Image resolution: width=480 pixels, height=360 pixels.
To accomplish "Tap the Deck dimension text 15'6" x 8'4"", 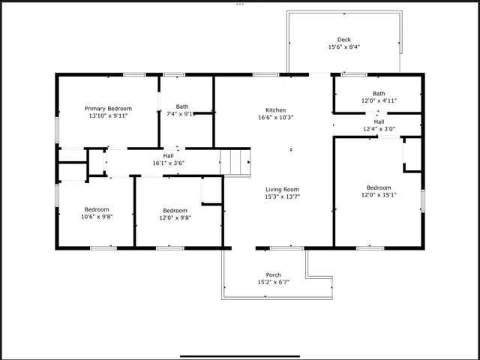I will (x=343, y=47).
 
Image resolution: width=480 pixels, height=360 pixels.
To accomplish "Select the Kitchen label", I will (x=275, y=109).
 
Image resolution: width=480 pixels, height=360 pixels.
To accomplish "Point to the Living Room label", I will (x=282, y=190).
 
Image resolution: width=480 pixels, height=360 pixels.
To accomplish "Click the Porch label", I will (x=274, y=274).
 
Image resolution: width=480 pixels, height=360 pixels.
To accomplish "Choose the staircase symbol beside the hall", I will (x=235, y=161).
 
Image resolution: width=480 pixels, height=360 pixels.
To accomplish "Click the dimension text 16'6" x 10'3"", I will (x=275, y=117).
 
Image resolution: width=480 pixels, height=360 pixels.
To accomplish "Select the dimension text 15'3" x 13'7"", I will (x=282, y=197).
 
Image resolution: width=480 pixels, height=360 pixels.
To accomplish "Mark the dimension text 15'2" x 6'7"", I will (x=274, y=282).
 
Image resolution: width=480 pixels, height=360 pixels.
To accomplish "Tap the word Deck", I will (x=343, y=40).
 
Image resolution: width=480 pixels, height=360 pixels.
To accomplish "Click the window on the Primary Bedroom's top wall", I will (x=134, y=74).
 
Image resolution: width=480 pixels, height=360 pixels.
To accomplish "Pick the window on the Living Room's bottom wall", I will (x=286, y=247).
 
